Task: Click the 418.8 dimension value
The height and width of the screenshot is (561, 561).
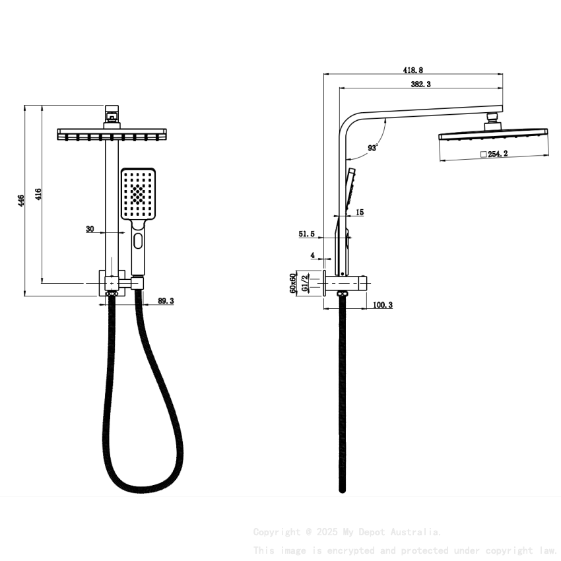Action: click(413, 69)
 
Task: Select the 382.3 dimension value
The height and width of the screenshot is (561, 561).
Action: click(420, 84)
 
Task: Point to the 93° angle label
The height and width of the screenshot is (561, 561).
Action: click(373, 148)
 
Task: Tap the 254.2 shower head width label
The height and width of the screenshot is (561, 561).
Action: click(498, 154)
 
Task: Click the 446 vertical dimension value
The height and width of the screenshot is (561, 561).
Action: click(21, 201)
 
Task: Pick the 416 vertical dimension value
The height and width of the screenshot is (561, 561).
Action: click(38, 194)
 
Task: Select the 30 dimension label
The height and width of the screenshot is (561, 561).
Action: click(90, 229)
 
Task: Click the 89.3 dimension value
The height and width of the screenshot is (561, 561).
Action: click(166, 301)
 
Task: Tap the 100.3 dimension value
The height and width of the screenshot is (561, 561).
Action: click(383, 305)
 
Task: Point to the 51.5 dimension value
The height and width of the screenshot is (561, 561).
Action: click(306, 234)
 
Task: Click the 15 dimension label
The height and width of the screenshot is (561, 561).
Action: click(360, 213)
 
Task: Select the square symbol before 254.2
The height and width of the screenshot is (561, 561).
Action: click(483, 154)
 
